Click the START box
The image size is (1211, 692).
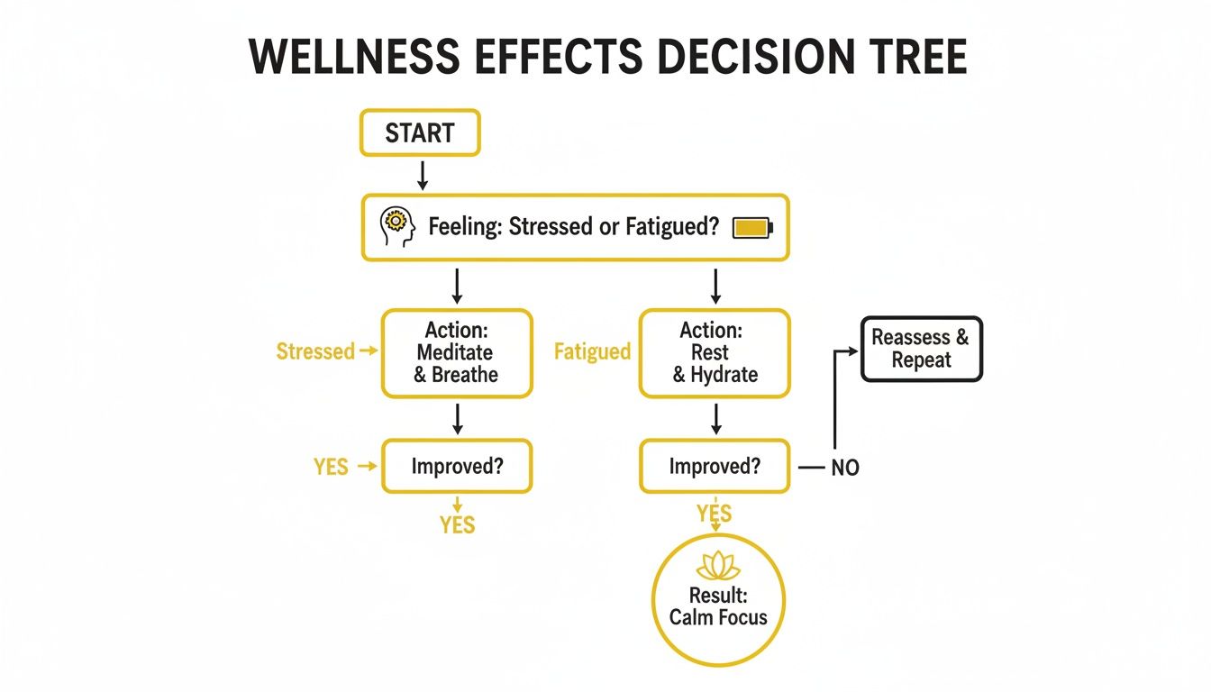point(420,134)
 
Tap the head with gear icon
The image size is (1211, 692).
point(396,227)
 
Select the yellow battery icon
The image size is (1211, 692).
point(752,227)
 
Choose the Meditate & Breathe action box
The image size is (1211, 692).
point(457,353)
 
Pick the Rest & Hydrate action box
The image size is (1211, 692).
point(715,353)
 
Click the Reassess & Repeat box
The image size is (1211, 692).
point(921,349)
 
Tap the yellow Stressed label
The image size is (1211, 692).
point(315,351)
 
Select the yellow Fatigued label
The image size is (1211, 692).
point(592,351)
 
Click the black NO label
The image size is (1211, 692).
point(845,468)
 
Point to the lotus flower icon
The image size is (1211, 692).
point(718,567)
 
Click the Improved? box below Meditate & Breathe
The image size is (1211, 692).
point(457,467)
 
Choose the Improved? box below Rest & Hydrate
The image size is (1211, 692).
point(715,467)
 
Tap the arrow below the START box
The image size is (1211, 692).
point(422,174)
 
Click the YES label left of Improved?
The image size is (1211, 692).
point(331,467)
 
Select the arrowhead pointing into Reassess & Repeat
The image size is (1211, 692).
point(854,350)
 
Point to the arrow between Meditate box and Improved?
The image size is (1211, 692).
point(458,419)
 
